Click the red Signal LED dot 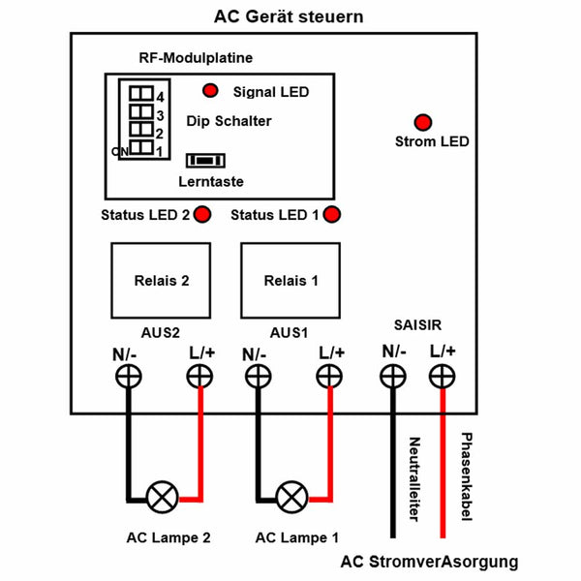pos(210,90)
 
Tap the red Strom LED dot pos(423,122)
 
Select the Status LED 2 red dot pos(202,214)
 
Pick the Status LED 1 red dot pos(331,214)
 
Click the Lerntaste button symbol pos(205,161)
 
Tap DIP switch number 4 pos(141,93)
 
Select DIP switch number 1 pos(141,147)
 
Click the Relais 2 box pos(161,281)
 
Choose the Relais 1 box pos(290,281)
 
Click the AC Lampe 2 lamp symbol pos(163,498)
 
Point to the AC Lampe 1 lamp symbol pos(292,498)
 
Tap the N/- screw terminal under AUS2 pos(128,377)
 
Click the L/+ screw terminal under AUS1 pos(329,377)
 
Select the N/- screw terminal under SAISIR pos(393,377)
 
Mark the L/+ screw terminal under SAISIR pos(443,377)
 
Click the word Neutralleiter pos(414,479)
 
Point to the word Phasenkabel pos(467,476)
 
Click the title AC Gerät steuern pos(289,17)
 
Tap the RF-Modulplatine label pos(196,58)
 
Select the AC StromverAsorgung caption pos(429,562)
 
